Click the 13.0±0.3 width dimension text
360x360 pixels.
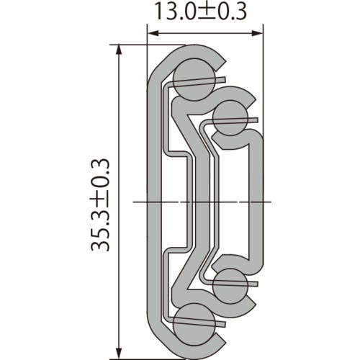point(201,12)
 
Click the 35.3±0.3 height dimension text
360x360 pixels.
point(100,205)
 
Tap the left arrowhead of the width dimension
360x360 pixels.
point(153,33)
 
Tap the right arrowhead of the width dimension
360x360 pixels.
point(257,33)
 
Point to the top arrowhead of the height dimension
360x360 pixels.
point(118,50)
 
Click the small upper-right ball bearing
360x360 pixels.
point(230,118)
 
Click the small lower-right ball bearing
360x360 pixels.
point(230,286)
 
